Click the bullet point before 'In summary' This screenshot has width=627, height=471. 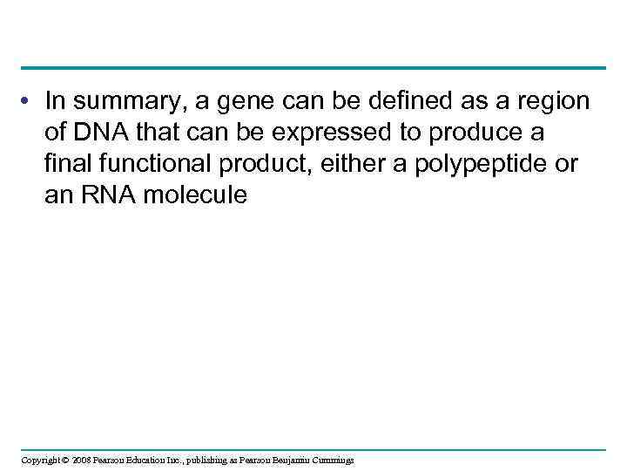[x=30, y=101]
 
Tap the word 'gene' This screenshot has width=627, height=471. [x=236, y=102]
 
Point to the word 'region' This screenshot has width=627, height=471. [x=552, y=102]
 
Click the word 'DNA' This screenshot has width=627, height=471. [x=104, y=133]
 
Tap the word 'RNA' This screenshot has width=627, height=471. [x=106, y=195]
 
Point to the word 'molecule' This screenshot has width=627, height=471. [x=195, y=195]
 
